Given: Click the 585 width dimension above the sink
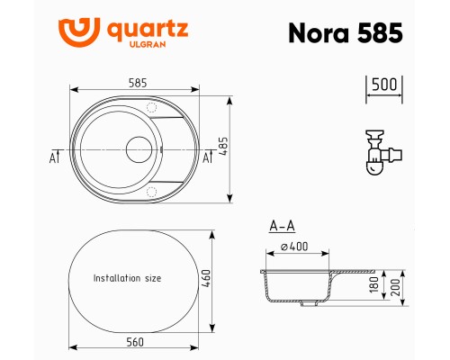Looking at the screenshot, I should (136, 82).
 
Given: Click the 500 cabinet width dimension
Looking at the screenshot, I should (384, 84).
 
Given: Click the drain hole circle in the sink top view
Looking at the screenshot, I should (139, 148).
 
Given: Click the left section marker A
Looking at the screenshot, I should (52, 157).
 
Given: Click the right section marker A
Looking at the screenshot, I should (208, 157).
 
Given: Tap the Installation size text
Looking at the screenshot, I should (128, 279).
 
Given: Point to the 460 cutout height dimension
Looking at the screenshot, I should (219, 279).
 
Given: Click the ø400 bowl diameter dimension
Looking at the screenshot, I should (294, 247).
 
